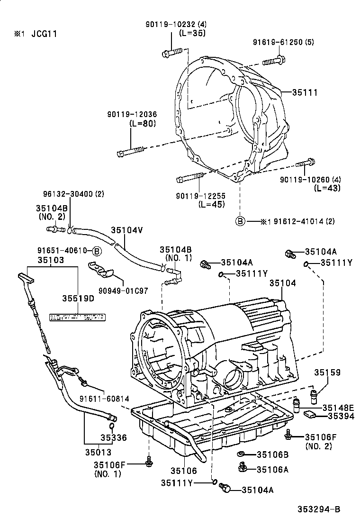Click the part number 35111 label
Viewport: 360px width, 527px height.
coord(304,93)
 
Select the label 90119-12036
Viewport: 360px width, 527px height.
coord(132,114)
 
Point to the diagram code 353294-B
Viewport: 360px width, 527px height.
coord(319,509)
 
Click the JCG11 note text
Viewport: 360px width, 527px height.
coord(45,35)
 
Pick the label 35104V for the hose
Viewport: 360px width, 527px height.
coord(127,230)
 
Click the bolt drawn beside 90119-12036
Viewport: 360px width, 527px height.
coord(130,152)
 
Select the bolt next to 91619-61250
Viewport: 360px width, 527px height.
coord(272,60)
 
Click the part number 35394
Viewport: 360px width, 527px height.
coord(338,417)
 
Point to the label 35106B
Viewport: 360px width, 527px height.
coord(272,454)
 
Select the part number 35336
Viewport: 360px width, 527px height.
coord(113,437)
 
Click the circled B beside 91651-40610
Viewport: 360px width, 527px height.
coord(96,251)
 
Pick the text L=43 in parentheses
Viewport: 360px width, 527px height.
coord(327,188)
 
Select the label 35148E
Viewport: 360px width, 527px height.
coord(338,408)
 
